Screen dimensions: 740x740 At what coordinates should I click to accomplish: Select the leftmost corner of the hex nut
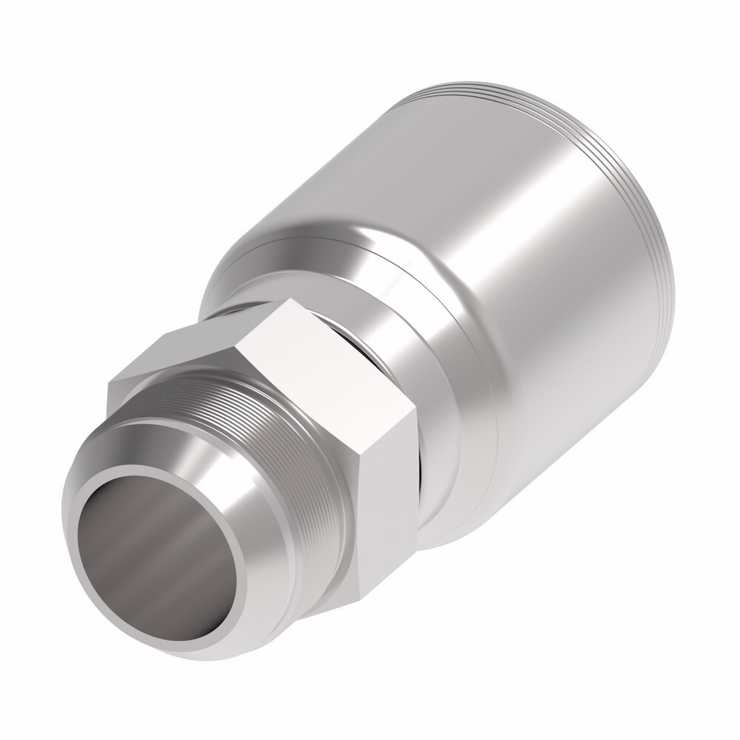click(109, 383)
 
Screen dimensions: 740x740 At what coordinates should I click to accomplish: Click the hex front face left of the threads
click(148, 403)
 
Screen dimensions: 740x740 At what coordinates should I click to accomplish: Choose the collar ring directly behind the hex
click(444, 414)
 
